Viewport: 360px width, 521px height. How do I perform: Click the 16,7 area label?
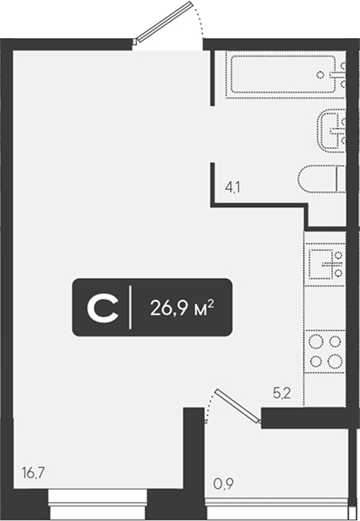[x=33, y=472]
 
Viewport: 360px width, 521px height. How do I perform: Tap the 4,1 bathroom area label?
[x=233, y=187]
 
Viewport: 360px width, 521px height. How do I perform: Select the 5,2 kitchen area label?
[x=282, y=394]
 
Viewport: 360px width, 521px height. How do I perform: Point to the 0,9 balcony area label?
[x=223, y=484]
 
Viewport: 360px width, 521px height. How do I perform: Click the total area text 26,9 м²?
[x=182, y=308]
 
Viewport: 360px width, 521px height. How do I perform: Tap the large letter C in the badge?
[x=103, y=308]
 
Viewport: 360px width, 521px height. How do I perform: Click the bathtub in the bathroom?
[x=284, y=74]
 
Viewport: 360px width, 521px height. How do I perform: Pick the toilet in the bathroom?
[x=322, y=179]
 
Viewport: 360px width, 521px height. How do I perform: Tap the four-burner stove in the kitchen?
[x=325, y=351]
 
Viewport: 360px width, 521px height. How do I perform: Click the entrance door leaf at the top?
[x=163, y=23]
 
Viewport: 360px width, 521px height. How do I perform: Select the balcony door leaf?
[x=237, y=406]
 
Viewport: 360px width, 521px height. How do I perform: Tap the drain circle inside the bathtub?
[x=320, y=75]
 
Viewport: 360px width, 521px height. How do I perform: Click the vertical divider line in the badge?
[x=130, y=308]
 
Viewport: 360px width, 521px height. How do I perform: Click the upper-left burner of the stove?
[x=316, y=342]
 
